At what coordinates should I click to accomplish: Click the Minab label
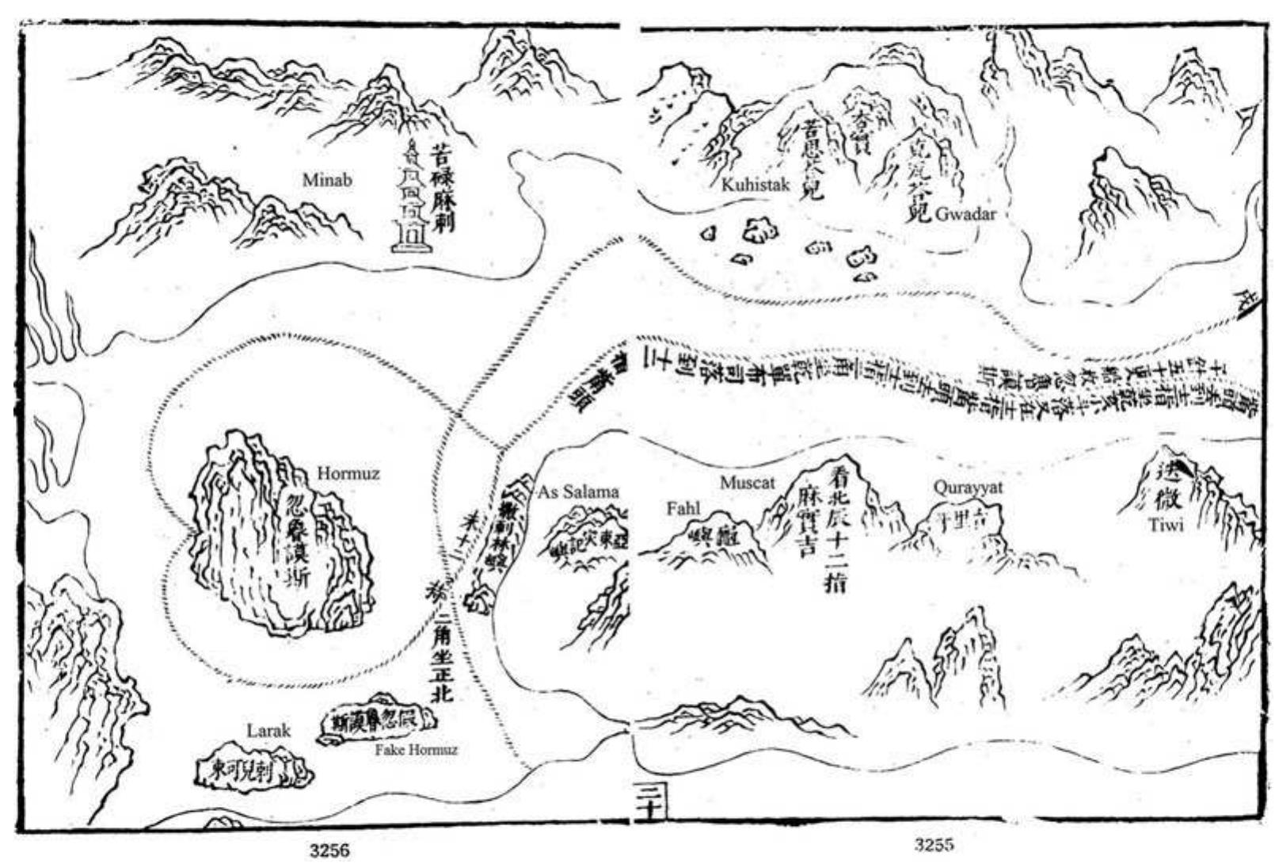(x=327, y=181)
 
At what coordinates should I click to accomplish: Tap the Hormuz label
(x=348, y=474)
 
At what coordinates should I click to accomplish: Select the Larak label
(x=268, y=730)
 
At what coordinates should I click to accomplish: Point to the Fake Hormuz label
(x=416, y=750)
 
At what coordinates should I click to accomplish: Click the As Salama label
(x=578, y=491)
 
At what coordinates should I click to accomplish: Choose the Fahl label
(x=683, y=509)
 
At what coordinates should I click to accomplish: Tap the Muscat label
(x=747, y=482)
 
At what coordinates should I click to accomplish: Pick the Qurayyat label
(x=968, y=487)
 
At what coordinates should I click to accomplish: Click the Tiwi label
(x=1166, y=524)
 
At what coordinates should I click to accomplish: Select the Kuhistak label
(x=755, y=185)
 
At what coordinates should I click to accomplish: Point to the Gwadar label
(x=965, y=213)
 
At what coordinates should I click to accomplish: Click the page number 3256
(x=329, y=851)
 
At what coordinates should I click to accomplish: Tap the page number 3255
(x=934, y=844)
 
